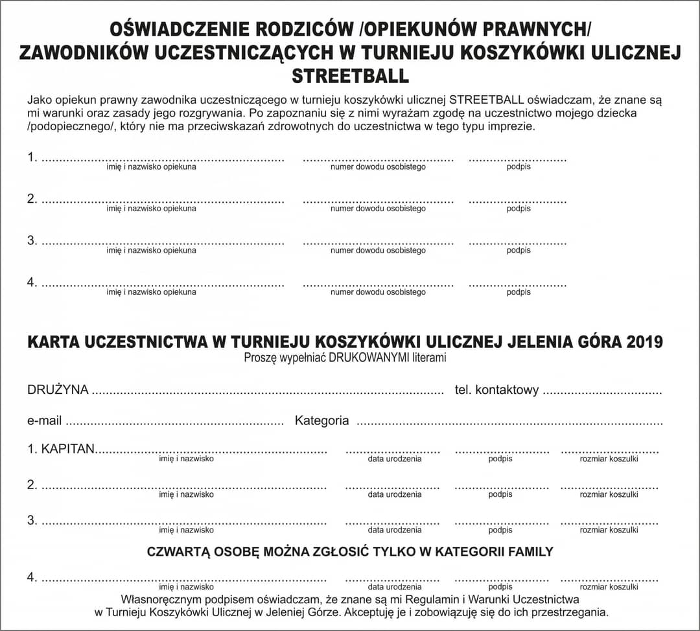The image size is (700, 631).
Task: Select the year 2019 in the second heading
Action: [x=644, y=341]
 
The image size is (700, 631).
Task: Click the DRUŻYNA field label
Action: [x=58, y=390]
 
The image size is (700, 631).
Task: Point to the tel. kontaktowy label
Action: [x=493, y=390]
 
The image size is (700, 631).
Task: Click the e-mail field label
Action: [x=44, y=421]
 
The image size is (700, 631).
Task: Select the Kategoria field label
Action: [x=321, y=421]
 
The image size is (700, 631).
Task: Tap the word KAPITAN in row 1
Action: [x=68, y=449]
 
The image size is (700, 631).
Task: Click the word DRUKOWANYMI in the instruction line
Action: [x=369, y=357]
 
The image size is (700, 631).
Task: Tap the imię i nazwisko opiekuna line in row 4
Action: [x=162, y=284]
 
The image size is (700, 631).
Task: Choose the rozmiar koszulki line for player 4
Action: [x=609, y=579]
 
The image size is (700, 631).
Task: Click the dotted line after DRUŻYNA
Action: [x=266, y=392]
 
